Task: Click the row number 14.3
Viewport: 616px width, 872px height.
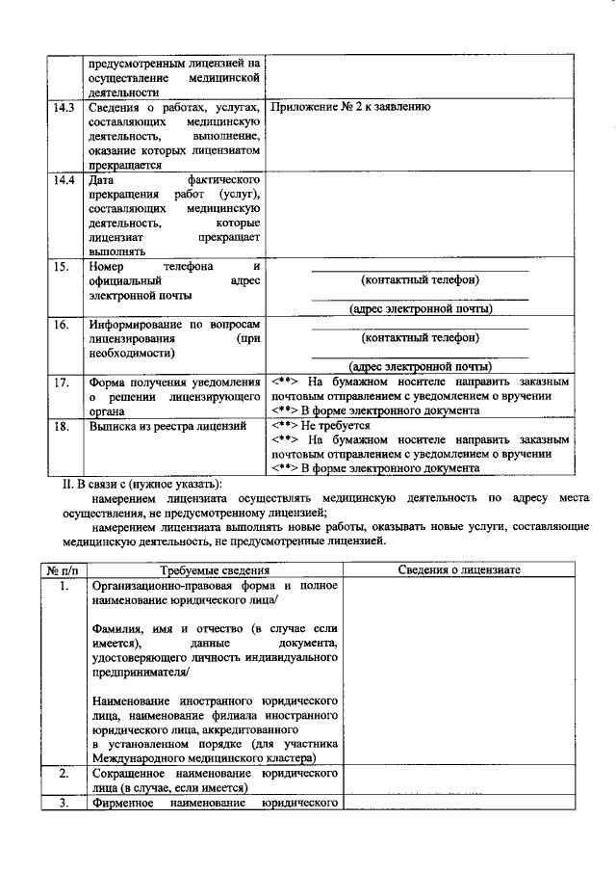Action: point(64,107)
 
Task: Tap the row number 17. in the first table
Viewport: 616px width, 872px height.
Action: point(61,383)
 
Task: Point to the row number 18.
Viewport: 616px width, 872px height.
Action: point(61,425)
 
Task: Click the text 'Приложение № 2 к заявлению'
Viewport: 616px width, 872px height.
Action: point(350,107)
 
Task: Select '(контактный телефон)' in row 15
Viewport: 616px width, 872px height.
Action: point(420,279)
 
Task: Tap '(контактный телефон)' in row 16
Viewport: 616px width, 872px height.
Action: point(420,338)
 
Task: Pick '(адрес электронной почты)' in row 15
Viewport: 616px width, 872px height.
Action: point(420,309)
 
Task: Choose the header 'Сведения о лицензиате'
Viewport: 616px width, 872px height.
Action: point(459,570)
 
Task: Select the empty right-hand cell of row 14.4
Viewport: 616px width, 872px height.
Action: point(420,215)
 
